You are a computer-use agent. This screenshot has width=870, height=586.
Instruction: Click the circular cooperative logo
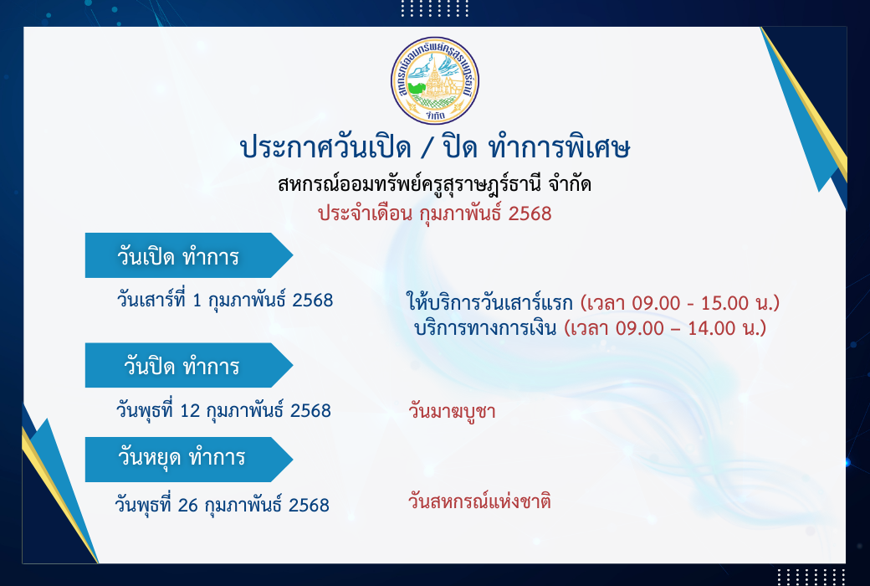tap(435, 80)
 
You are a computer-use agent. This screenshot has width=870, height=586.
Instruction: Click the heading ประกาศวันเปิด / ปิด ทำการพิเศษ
tap(435, 147)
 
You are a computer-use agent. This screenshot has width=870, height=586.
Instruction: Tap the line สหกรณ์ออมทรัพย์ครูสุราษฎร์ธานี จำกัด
tap(434, 184)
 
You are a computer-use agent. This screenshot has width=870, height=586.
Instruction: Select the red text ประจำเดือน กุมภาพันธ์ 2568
tap(434, 213)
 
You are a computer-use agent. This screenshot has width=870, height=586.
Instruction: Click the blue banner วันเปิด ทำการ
tap(189, 255)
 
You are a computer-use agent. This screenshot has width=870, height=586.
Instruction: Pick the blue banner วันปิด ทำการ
tap(189, 366)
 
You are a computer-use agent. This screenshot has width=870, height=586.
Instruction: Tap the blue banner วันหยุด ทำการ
tap(189, 460)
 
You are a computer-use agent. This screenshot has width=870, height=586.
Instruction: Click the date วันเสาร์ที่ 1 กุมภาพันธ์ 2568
tap(225, 300)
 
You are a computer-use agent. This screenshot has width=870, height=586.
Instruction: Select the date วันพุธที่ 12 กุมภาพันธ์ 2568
tap(223, 410)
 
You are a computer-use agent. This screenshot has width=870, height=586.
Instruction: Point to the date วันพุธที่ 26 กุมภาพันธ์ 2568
tap(222, 505)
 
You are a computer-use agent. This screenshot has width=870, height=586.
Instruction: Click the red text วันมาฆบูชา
tap(452, 412)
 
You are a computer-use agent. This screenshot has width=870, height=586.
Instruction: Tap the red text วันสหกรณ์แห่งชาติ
tap(479, 501)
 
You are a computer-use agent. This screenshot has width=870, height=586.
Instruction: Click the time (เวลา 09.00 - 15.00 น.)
tap(680, 303)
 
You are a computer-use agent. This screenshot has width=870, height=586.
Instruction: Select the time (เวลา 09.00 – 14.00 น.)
tap(665, 327)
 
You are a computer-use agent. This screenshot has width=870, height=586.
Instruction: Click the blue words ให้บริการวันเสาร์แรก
tap(489, 303)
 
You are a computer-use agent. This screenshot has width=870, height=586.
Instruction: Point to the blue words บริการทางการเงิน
tap(485, 327)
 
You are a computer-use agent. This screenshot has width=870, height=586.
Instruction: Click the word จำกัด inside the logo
tap(436, 116)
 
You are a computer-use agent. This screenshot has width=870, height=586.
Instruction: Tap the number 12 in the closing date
tap(190, 410)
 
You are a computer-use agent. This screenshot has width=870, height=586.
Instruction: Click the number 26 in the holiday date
tap(188, 505)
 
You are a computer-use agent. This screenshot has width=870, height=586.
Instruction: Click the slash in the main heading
tap(426, 148)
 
